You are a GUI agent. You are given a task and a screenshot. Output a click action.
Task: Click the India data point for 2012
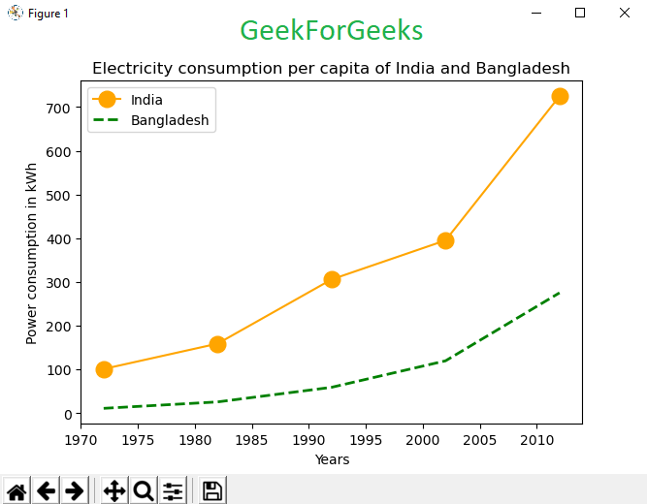click(x=560, y=97)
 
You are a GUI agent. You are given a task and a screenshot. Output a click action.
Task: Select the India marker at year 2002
click(x=445, y=240)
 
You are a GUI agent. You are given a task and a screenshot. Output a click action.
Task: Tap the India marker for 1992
click(x=332, y=279)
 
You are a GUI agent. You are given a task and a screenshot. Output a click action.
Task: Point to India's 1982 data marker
click(x=217, y=344)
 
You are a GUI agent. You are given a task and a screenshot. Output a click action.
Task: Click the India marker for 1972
click(x=104, y=369)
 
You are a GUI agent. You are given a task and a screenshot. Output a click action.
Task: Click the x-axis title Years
click(x=332, y=459)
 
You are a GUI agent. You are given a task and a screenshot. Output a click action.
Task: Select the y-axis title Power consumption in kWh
click(x=32, y=253)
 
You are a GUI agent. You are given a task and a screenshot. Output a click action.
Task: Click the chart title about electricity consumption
click(x=331, y=69)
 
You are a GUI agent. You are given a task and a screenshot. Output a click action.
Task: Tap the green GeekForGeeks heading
click(x=331, y=31)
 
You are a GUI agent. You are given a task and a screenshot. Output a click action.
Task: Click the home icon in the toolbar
click(x=17, y=490)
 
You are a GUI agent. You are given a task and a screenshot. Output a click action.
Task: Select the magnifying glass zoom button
click(x=144, y=490)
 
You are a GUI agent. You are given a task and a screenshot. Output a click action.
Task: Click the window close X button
click(x=624, y=13)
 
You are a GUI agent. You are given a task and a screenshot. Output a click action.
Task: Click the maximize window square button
click(x=580, y=13)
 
